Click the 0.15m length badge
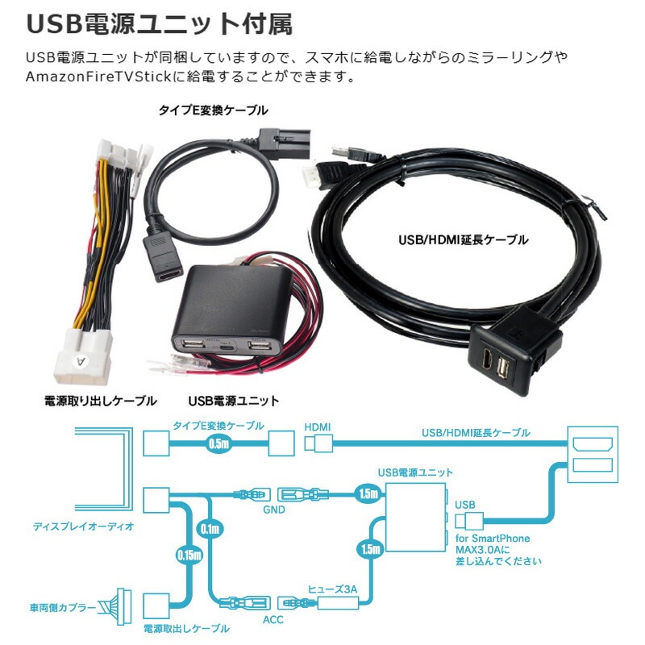(186, 554)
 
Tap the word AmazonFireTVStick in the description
(96, 78)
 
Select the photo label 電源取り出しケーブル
(99, 400)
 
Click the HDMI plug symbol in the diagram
(319, 443)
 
